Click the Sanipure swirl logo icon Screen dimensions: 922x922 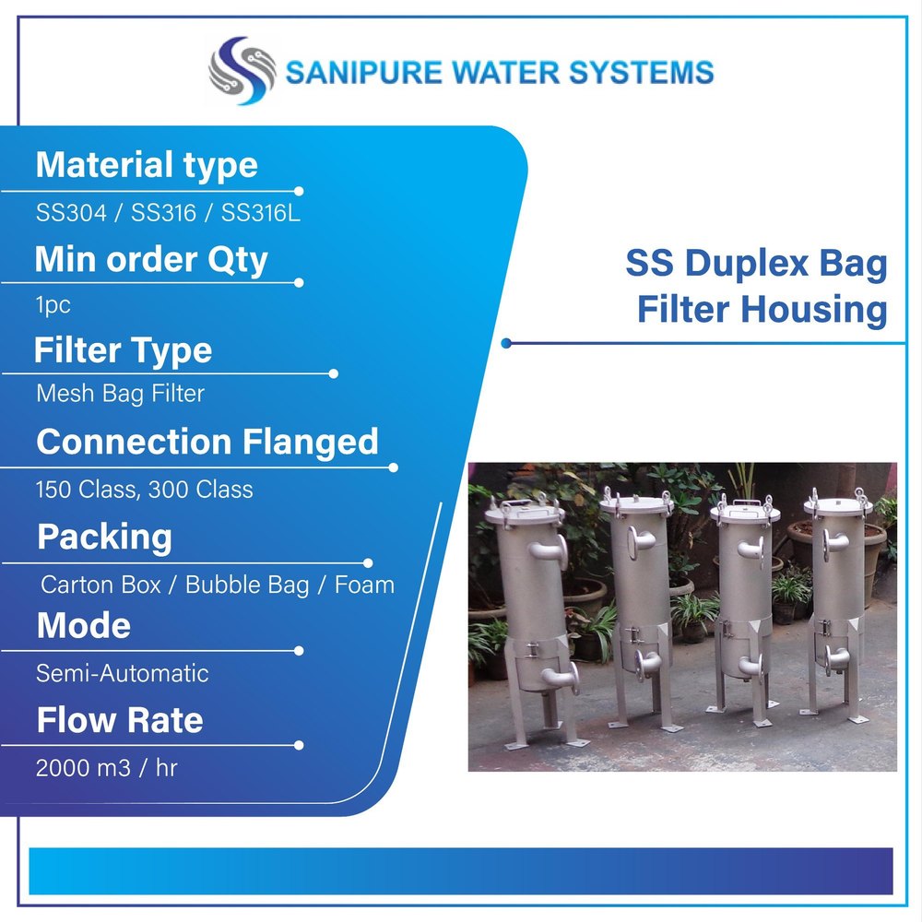coord(242,71)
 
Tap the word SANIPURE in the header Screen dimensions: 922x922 coord(363,73)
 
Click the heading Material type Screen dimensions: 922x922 coord(147,165)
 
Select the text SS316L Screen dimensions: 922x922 coord(261,212)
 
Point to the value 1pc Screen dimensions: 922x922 coord(53,305)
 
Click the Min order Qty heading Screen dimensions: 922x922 coord(151,259)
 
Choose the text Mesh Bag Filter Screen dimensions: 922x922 coord(120,394)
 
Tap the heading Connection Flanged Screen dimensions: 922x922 coord(207,442)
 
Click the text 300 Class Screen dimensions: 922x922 coord(200,490)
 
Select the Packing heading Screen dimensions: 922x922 coord(105,537)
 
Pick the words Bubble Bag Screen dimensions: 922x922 coord(247,585)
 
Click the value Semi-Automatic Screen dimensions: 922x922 coord(123,673)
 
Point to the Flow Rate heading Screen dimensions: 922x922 coord(120,720)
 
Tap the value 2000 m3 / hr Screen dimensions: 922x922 coord(106,768)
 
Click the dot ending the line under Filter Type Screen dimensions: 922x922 coord(334,373)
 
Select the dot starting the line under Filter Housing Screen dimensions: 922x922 coord(506,343)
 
